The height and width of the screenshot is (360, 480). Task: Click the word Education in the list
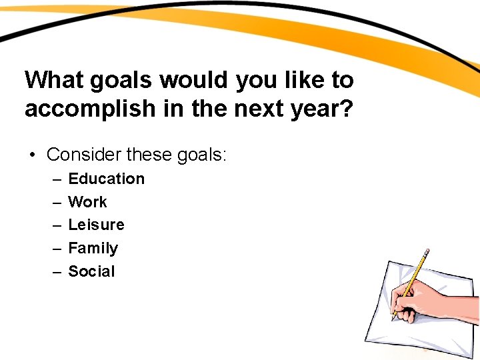coord(106,179)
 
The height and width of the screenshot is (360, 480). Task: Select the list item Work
coord(87,202)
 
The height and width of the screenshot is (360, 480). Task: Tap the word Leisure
coord(96,225)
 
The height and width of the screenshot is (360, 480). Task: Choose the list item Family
coord(93,248)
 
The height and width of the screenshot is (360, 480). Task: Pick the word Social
coord(91,271)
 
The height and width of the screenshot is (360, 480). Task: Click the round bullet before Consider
coord(31,156)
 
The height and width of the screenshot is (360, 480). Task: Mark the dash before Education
coord(55,179)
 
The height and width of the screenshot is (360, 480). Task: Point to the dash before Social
coord(55,272)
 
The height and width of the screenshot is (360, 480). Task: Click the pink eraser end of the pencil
coord(427,251)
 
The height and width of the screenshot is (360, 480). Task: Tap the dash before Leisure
coord(55,225)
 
